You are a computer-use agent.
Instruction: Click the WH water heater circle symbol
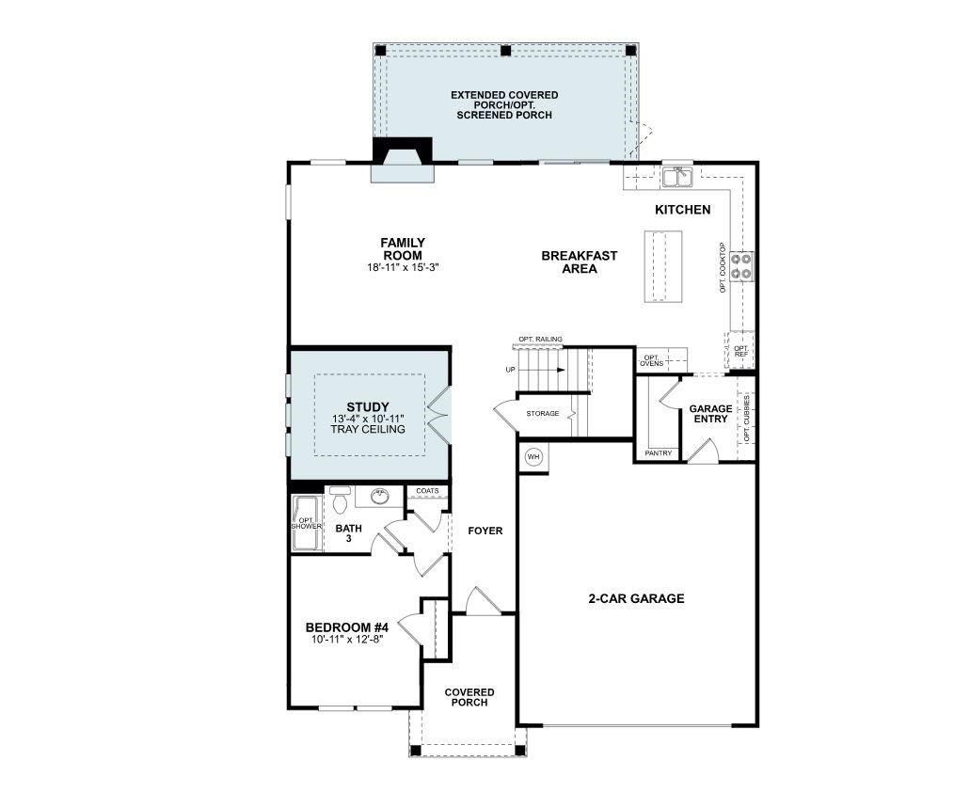coord(533,456)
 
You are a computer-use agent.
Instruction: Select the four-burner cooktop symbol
coord(741,265)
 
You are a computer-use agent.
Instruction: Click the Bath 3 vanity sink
coord(379,496)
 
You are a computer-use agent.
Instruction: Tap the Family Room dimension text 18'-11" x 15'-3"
coord(403,267)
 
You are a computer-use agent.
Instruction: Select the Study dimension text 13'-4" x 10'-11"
coord(368,419)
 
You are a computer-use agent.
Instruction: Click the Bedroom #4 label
coord(346,628)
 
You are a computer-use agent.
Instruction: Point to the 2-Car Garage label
coord(636,598)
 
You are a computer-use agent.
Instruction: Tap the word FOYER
coord(485,531)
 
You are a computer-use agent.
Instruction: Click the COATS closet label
coord(427,491)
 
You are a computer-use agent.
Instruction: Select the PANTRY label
coord(658,453)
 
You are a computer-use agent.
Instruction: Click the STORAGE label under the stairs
coord(543,414)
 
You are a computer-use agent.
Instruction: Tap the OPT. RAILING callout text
coord(540,338)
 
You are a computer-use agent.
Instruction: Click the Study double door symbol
coord(438,414)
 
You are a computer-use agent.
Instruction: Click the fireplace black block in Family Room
coord(403,151)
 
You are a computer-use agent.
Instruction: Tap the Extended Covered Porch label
coord(503,104)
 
